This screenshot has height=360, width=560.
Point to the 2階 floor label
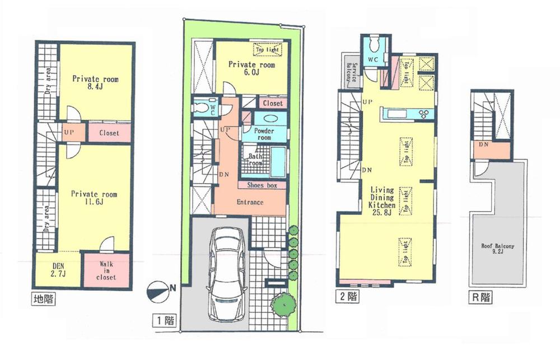click(348, 296)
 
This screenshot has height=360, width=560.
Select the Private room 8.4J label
click(95, 83)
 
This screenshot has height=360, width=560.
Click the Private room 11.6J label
click(94, 198)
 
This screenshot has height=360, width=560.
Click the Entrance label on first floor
click(250, 202)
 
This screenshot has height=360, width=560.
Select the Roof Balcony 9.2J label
click(497, 249)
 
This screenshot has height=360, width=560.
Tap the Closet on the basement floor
click(109, 133)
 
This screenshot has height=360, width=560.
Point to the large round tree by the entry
click(283, 303)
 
